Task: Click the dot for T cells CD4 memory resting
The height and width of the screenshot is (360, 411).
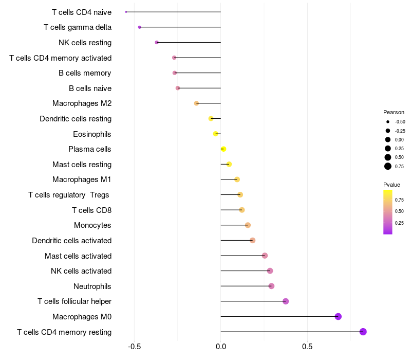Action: [x=363, y=332]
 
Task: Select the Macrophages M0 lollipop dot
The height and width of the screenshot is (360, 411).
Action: [x=338, y=316]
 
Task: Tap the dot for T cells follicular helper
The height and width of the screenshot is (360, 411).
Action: [x=286, y=301]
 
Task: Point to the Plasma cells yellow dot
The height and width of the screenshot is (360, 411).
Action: [x=223, y=149]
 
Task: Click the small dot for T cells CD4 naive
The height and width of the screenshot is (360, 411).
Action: [x=126, y=12]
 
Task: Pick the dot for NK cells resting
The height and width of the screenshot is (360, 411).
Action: [x=157, y=42]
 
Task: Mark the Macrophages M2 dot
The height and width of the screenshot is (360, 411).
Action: [x=196, y=103]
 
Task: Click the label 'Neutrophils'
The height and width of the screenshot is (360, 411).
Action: [x=92, y=286]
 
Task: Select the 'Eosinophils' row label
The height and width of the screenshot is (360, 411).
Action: [x=92, y=134]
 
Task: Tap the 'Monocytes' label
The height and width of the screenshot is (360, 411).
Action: [x=92, y=225]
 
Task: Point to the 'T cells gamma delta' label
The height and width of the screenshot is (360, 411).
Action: [x=78, y=27]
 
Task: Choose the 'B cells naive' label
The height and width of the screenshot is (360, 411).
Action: [x=90, y=88]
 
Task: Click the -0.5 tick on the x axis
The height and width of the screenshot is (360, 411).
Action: [x=134, y=347]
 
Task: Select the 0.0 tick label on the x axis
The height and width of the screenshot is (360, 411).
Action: [x=221, y=347]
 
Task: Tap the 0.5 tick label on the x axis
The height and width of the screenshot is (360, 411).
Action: [x=307, y=347]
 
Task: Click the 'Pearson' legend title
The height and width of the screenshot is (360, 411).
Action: [x=394, y=112]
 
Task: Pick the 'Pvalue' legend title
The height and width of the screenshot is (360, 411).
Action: [x=391, y=185]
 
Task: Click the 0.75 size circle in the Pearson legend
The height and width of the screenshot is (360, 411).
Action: [x=388, y=166]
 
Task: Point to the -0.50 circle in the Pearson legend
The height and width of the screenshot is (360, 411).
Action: [x=388, y=122]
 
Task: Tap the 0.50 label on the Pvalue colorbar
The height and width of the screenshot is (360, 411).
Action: [x=399, y=211]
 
